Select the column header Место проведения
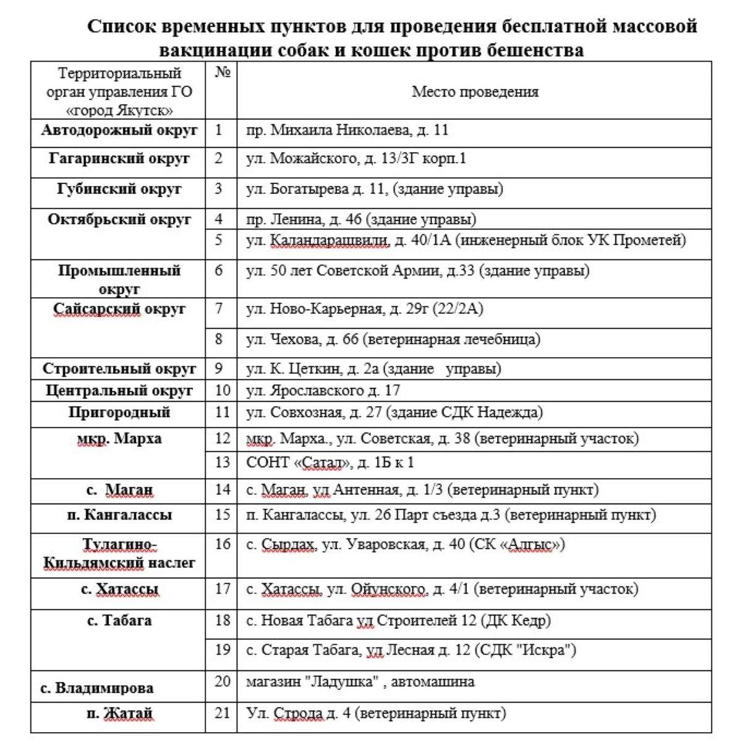[475, 92]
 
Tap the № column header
[222, 73]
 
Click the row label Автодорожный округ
[119, 130]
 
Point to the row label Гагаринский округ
[119, 159]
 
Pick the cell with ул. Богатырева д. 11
[374, 189]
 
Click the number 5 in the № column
[219, 240]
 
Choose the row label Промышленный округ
[119, 279]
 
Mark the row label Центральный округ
[119, 390]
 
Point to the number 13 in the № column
[222, 463]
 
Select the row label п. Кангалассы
[119, 515]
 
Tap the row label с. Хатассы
[119, 589]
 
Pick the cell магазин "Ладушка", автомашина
[360, 682]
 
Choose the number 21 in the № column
[222, 713]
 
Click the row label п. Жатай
[119, 714]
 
